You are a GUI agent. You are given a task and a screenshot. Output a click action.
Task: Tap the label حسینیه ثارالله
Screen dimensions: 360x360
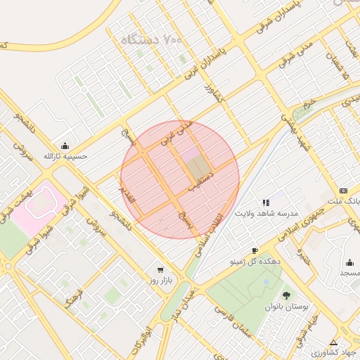coord(65,156)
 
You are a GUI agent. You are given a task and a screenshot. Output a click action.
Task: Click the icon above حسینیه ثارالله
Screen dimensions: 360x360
coord(65,146)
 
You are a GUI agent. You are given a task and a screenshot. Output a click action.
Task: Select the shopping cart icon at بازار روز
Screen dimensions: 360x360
coord(160,269)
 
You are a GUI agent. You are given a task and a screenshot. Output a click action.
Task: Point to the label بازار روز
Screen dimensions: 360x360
coord(160,280)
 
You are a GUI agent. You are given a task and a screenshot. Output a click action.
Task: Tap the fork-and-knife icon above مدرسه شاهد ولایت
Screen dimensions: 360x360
coord(266,202)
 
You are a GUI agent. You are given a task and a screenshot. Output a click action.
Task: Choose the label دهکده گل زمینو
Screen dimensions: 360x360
coord(254,260)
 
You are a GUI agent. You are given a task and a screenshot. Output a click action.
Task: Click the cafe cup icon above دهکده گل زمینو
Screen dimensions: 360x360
coord(254,250)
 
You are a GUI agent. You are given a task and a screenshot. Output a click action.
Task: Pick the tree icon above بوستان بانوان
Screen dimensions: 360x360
coord(285,295)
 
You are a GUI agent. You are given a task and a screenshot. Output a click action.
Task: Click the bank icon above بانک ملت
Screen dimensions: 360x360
coord(343,191)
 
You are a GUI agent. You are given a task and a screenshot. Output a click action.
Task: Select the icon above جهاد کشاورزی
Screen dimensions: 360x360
coord(333,342)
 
